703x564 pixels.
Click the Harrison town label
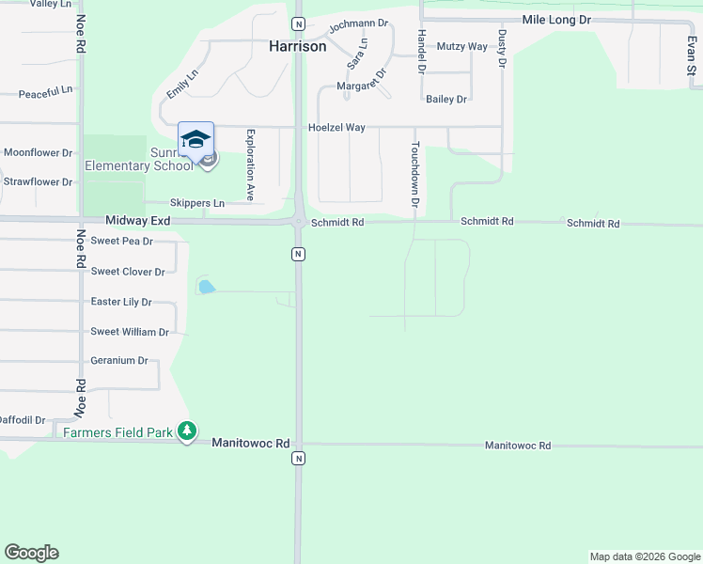tap(298, 45)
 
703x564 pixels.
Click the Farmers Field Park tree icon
tap(188, 431)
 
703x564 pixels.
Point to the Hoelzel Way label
tap(336, 128)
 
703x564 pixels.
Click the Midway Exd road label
tap(138, 220)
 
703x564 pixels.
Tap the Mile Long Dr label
tap(556, 19)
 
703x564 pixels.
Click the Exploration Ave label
tap(251, 164)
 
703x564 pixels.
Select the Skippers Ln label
tap(197, 203)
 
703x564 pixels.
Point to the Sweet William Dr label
tap(130, 332)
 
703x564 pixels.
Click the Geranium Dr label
tap(119, 360)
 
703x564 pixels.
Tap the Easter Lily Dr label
tap(121, 302)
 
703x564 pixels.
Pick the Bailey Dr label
tap(446, 99)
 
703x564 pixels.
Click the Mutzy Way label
tap(464, 46)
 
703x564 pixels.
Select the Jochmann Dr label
tap(358, 23)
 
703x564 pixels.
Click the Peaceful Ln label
tap(46, 92)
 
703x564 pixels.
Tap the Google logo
tap(31, 553)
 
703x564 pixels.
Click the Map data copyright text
tap(645, 556)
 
